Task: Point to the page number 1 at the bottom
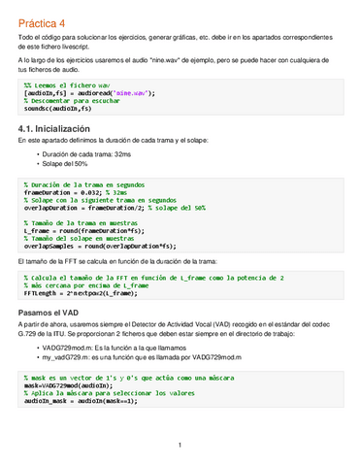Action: tap(180, 446)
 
